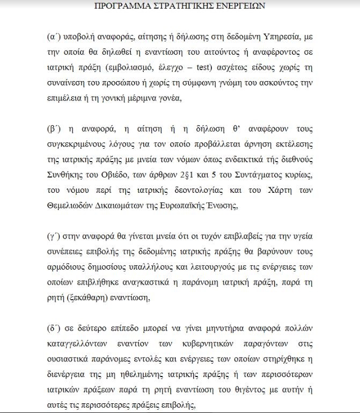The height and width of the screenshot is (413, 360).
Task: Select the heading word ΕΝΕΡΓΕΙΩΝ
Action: [x=238, y=7]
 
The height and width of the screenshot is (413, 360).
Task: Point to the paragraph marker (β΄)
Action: [x=54, y=129]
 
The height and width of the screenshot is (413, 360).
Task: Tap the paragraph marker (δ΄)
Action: [x=54, y=327]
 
